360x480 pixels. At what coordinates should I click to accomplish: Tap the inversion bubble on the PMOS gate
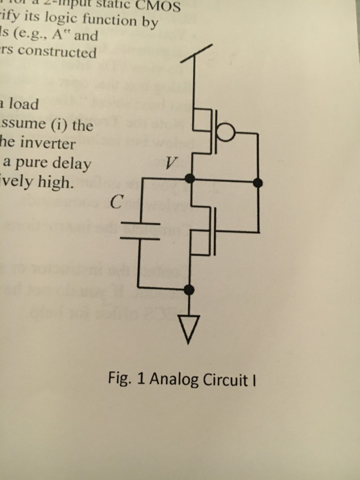pos(226,133)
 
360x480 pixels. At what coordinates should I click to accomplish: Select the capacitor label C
pos(117,203)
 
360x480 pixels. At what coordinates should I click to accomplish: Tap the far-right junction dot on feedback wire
pos(258,183)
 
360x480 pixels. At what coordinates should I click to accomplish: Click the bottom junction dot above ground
pos(189,290)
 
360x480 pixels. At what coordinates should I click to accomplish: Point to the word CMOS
pos(158,6)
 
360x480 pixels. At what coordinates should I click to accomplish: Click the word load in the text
pos(23,104)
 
